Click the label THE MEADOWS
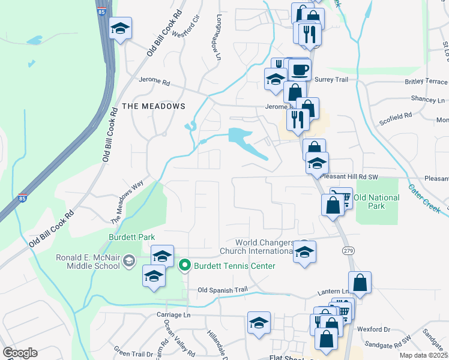[x=153, y=106]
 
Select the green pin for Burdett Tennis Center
[x=185, y=264]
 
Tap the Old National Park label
[x=376, y=202]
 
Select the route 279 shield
[x=348, y=250]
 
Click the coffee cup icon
[x=300, y=70]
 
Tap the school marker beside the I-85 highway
[x=120, y=28]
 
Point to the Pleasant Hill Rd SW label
[x=350, y=177]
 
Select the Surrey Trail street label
[x=331, y=79]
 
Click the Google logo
[x=20, y=353]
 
